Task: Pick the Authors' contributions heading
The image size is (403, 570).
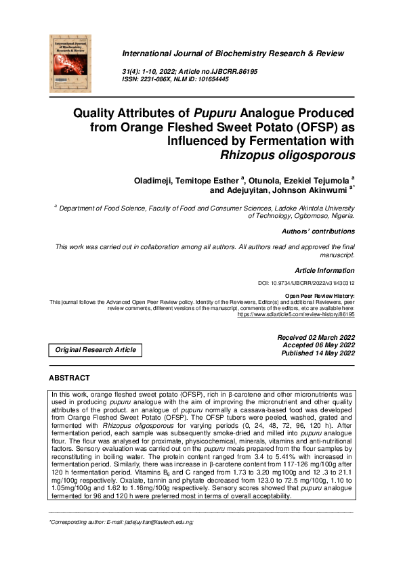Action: coord(318,232)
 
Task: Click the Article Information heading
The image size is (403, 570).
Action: coord(324,270)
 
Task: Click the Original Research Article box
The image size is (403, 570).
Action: coord(96,350)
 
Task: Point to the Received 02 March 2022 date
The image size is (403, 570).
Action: coord(316,337)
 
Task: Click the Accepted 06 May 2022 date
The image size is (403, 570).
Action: coord(318,345)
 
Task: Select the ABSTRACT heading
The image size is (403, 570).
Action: coord(70,378)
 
